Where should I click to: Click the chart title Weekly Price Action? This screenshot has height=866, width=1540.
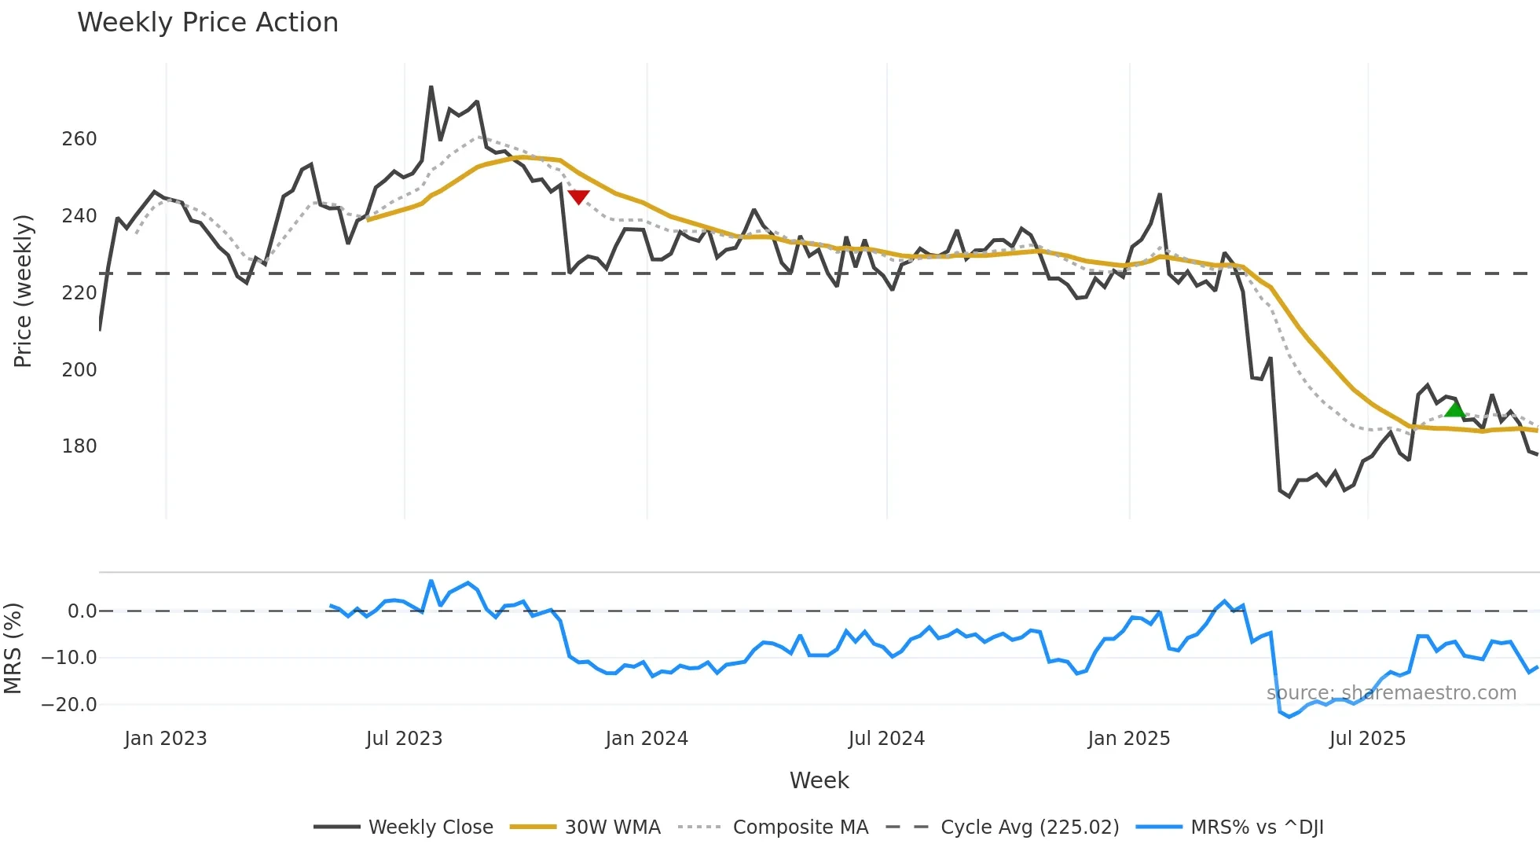207,23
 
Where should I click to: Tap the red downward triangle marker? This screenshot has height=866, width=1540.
578,196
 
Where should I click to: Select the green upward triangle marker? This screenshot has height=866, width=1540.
1454,409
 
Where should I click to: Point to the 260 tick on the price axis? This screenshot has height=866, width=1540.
79,139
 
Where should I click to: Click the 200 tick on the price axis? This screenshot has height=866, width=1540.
79,369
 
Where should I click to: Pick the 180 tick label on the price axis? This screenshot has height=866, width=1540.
79,446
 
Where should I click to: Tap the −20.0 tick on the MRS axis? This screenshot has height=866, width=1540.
69,704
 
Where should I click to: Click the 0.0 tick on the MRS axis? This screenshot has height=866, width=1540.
82,611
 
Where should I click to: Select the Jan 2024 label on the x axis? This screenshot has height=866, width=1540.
647,739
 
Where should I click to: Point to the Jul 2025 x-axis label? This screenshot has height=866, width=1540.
1367,739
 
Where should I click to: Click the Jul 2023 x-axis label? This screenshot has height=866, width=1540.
404,739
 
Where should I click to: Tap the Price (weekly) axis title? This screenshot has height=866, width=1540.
23,291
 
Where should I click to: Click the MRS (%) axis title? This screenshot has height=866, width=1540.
13,648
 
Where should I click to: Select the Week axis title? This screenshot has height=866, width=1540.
819,780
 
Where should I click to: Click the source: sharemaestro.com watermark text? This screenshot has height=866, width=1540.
1391,693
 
